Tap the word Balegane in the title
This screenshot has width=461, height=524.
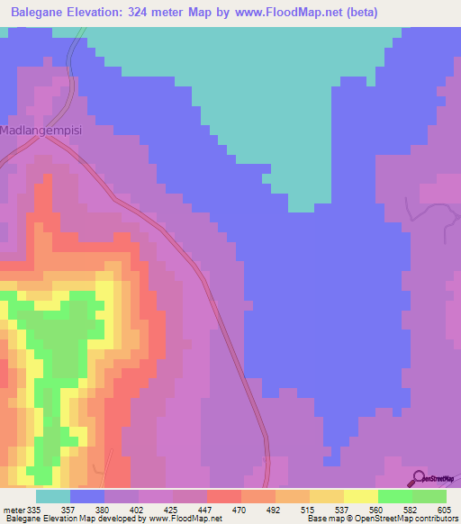(x=42, y=13)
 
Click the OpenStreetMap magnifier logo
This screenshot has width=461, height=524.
(x=418, y=478)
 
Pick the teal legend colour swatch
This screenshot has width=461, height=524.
(x=53, y=496)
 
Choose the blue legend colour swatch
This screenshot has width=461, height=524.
(x=87, y=496)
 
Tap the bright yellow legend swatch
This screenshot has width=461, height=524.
(x=361, y=496)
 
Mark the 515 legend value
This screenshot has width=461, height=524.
(x=308, y=509)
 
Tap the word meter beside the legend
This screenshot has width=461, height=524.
(x=14, y=509)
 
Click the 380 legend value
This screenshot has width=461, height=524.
(x=104, y=509)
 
